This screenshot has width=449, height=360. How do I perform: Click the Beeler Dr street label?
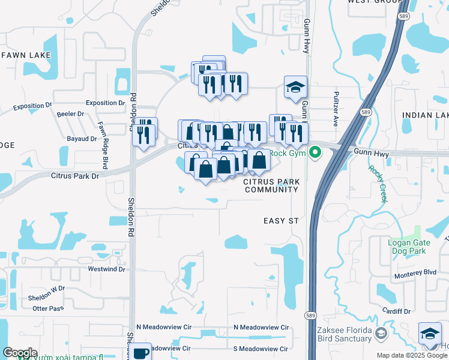tap(70, 114)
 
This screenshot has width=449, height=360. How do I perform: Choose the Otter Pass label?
tap(48, 308)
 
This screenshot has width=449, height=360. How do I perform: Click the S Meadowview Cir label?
tap(262, 348)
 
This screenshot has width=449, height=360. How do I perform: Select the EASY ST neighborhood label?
tap(281, 221)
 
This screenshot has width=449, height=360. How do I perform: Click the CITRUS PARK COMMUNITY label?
tap(271, 185)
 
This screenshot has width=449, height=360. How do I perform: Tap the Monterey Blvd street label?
tap(415, 272)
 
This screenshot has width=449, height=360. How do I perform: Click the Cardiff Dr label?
tap(399, 311)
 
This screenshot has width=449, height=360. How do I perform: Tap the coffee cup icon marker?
tap(142, 353)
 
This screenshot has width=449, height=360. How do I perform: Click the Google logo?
tap(19, 353)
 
